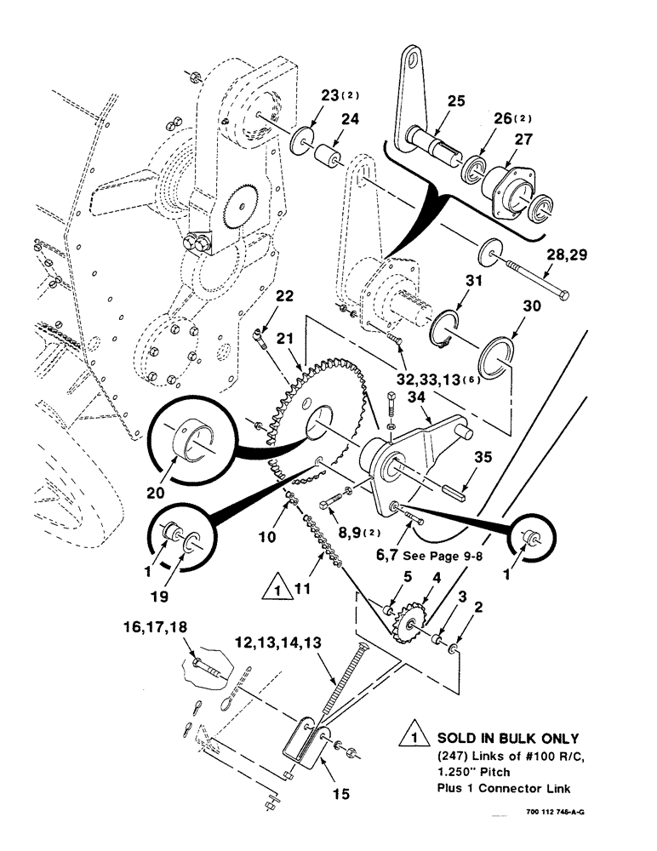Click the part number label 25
point(455,101)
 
